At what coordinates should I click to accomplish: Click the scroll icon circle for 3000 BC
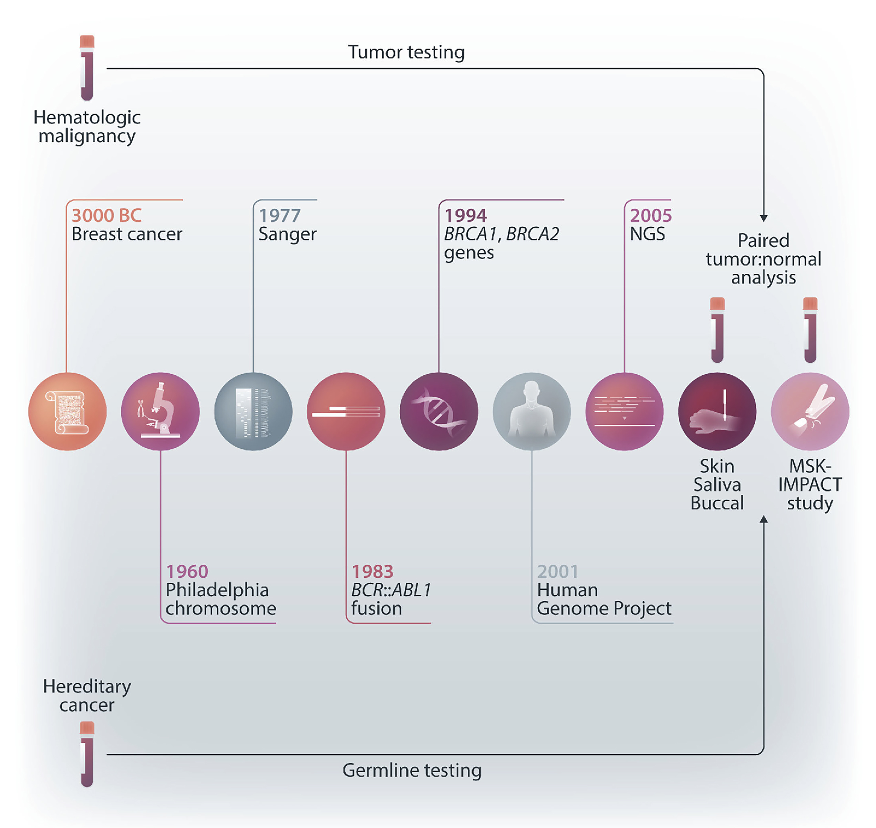coord(67,411)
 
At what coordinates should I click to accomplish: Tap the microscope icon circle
coord(160,411)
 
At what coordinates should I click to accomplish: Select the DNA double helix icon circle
coord(439,411)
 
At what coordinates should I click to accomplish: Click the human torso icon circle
coord(532,411)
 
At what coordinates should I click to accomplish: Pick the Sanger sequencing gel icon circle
coord(253,411)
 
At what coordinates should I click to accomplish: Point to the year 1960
coord(187,572)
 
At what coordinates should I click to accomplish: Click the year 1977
coord(279,216)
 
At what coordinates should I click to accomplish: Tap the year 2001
coord(558,572)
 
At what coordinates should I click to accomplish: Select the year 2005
coord(650,216)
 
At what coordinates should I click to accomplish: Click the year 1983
coord(372,572)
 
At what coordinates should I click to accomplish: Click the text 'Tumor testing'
coord(406,52)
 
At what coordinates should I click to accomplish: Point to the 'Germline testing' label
coord(412,770)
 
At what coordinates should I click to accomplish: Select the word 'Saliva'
coord(717,485)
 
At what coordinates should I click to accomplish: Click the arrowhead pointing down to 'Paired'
coord(763,218)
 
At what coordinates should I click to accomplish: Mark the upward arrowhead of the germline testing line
coord(763,520)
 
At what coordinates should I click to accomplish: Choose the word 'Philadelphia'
coord(217,590)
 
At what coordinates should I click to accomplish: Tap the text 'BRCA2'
coord(533,234)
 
